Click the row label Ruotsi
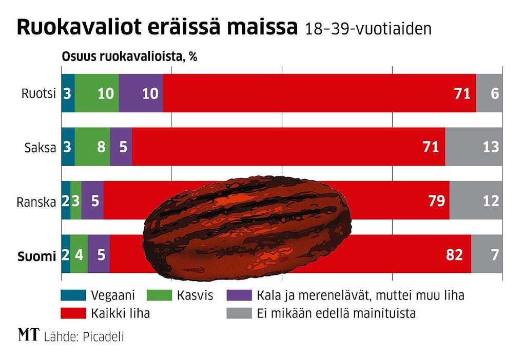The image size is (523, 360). [x=38, y=93]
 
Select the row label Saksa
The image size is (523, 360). [x=41, y=148]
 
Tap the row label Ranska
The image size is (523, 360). [x=36, y=202]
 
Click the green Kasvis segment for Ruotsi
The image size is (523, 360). [x=96, y=93]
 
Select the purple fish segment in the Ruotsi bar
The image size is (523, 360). [x=141, y=93]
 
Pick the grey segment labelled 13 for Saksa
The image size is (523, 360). [x=474, y=147]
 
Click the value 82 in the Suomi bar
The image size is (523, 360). [x=454, y=255]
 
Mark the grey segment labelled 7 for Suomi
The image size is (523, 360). [x=487, y=255]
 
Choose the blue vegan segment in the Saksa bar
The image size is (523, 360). [x=68, y=147]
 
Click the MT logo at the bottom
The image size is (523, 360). [x=28, y=336]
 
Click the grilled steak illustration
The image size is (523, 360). [x=246, y=226]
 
